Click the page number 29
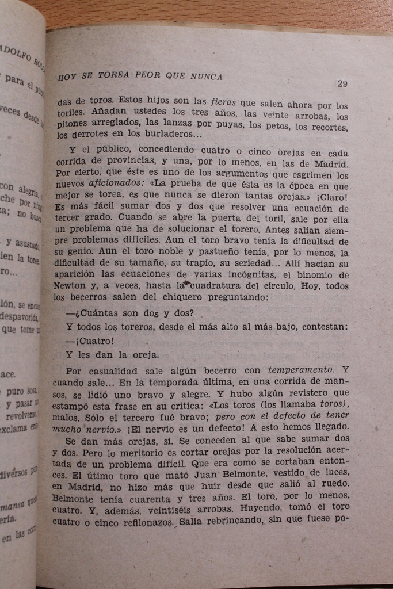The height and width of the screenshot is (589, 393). pos(342,83)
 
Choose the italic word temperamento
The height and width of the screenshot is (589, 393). pos(301,369)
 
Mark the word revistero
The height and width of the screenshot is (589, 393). pos(307,393)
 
